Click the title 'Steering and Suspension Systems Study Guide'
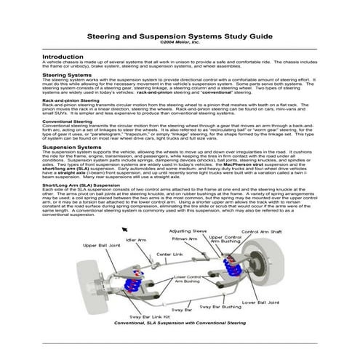(x=180, y=35)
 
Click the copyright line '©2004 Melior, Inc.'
(x=180, y=41)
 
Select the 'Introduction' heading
(x=63, y=56)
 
